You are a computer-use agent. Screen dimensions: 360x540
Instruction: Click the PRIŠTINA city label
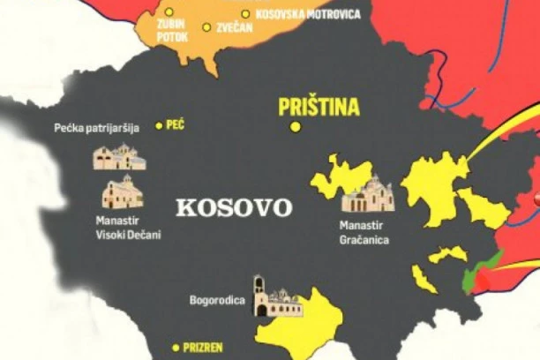pos(319,108)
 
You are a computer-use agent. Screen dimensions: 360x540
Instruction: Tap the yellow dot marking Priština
pos(296,127)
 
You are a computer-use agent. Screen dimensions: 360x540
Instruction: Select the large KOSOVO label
pos(234,208)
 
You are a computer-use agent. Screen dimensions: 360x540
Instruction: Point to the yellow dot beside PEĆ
pos(160,125)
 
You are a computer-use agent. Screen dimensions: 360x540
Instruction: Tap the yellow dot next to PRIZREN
pos(176,347)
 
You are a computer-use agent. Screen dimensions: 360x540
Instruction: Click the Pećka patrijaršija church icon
pos(119,157)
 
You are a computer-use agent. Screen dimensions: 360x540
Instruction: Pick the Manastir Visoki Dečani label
pos(130,228)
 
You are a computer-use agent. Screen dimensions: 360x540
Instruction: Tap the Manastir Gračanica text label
pos(364,231)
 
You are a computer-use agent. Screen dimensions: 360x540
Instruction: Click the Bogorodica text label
pos(215,299)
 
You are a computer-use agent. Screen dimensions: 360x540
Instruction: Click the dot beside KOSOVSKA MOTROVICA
pos(245,14)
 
